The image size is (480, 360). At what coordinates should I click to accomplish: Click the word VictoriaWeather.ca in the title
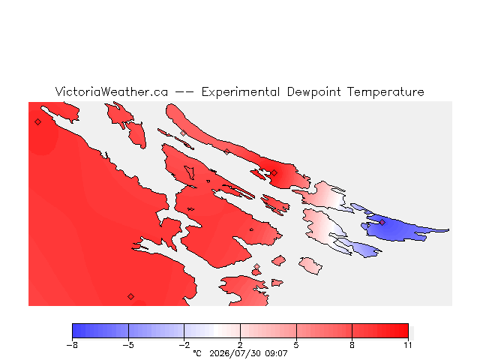[x=112, y=91]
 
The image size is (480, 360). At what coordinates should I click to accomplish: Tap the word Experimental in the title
[x=241, y=92]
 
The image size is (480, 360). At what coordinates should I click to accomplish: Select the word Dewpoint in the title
[x=313, y=92]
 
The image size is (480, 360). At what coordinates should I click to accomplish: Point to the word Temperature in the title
[x=385, y=92]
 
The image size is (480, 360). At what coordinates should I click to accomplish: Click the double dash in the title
[x=184, y=91]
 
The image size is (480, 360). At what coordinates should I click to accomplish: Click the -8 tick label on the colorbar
[x=72, y=345]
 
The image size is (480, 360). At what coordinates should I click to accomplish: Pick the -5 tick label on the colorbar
[x=128, y=345]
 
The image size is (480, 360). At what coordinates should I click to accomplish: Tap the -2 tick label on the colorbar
[x=184, y=345]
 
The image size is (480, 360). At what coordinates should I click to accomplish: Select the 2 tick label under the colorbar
[x=240, y=345]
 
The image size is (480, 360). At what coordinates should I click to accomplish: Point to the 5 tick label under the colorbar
[x=296, y=345]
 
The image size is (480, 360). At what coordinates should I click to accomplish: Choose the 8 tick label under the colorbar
[x=352, y=345]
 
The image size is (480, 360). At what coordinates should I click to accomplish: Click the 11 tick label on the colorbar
[x=407, y=345]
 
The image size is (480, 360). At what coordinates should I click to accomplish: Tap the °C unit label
[x=197, y=353]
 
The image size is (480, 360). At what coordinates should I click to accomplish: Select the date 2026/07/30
[x=235, y=353]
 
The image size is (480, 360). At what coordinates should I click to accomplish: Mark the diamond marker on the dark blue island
[x=382, y=222]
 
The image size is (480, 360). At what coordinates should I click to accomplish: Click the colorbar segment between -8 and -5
[x=100, y=331]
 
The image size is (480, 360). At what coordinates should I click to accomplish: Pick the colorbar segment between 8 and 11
[x=380, y=331]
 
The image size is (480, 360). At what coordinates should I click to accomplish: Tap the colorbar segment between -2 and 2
[x=212, y=331]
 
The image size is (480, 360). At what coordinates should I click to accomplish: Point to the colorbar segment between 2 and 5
[x=268, y=331]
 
